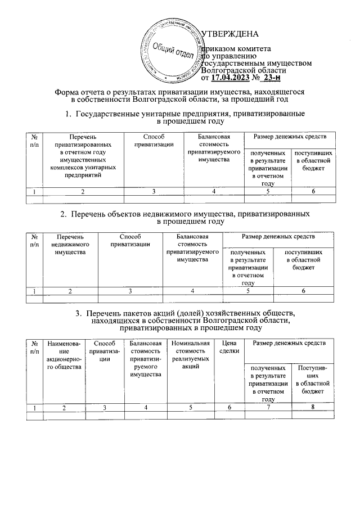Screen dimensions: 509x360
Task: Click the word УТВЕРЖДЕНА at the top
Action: click(x=230, y=34)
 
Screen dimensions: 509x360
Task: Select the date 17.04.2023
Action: click(x=235, y=78)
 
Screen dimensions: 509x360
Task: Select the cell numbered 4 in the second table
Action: click(x=192, y=291)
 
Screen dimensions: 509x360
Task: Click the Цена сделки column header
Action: click(x=229, y=347)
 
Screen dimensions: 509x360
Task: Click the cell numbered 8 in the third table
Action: click(x=313, y=407)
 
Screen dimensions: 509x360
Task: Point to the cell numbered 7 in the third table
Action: click(x=269, y=407)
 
